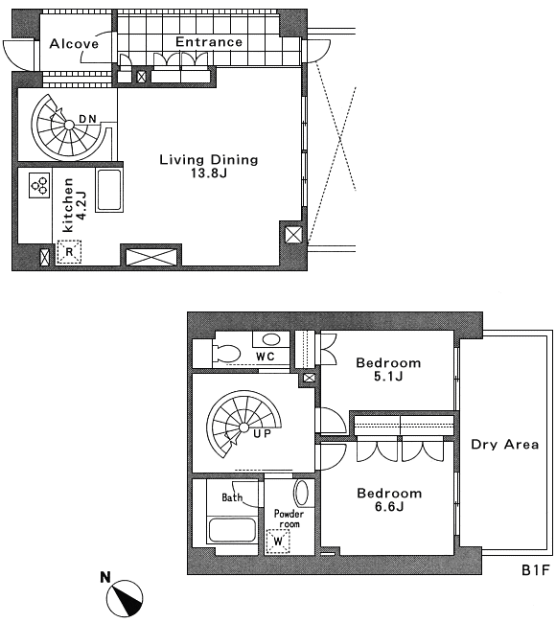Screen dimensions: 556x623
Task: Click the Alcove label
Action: coord(74,43)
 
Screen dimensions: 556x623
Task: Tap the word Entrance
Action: coord(209,42)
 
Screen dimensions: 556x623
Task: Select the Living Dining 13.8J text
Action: coord(209,165)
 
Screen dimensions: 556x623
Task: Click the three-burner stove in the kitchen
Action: coord(39,185)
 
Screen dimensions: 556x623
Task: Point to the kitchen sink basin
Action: coord(109,190)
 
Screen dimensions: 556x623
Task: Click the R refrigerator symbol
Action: coord(69,251)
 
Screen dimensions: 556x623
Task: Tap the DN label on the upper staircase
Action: coord(87,119)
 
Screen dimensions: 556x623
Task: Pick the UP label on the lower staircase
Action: coord(263,433)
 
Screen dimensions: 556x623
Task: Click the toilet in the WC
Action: coord(226,353)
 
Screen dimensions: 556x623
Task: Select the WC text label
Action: coord(266,357)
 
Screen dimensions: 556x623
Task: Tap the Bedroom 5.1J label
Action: coord(388,369)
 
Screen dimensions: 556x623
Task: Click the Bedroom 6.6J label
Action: coord(389,499)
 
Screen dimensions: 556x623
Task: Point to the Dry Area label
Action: coord(505,444)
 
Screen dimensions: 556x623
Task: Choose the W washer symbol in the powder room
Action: coord(278,541)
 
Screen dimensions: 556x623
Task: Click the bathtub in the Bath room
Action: coord(232,530)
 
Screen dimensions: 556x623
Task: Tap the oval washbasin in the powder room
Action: coord(302,493)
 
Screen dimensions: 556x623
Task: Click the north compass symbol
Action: coord(125,598)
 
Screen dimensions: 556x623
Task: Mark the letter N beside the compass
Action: coord(104,577)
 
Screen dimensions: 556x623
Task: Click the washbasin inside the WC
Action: coord(271,339)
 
